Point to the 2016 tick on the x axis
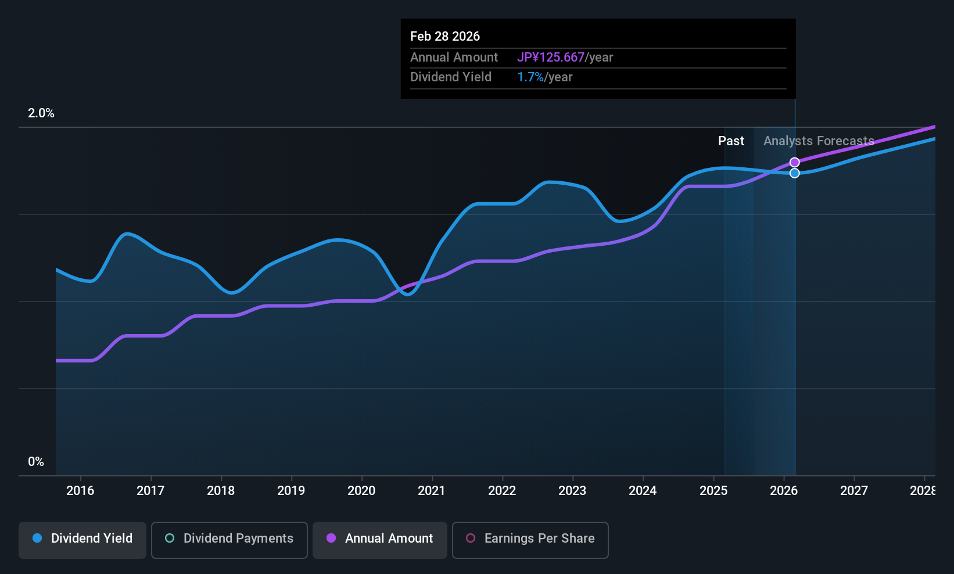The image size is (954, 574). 80,491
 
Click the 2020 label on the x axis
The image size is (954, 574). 361,491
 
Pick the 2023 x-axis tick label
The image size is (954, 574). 572,491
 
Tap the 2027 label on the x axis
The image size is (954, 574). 854,491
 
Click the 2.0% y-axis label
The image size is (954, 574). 41,113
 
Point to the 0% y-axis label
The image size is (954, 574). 36,462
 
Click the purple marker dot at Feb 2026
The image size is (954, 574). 795,163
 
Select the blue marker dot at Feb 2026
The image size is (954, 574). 795,173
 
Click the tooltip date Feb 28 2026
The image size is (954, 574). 445,37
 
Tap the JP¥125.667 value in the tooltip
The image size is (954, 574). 551,58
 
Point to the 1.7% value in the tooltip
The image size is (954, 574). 530,77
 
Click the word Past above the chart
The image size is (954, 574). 731,141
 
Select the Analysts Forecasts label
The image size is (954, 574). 819,141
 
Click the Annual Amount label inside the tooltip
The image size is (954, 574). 454,58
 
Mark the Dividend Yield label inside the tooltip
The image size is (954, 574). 451,77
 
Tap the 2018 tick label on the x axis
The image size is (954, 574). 221,491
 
